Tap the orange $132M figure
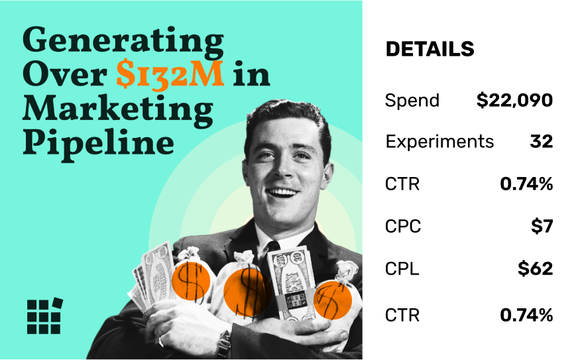pos(170,74)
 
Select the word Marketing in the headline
pos(118,109)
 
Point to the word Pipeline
pos(99,143)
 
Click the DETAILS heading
pos(430,49)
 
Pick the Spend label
pos(412,100)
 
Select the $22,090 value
pos(514,100)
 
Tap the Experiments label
pos(439,142)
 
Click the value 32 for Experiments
pos(542,141)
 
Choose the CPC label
pos(402,226)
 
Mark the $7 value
pos(542,226)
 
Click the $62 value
pos(536,269)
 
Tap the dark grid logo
pos(45,316)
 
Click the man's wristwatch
pos(225,343)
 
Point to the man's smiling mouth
pos(283,192)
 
